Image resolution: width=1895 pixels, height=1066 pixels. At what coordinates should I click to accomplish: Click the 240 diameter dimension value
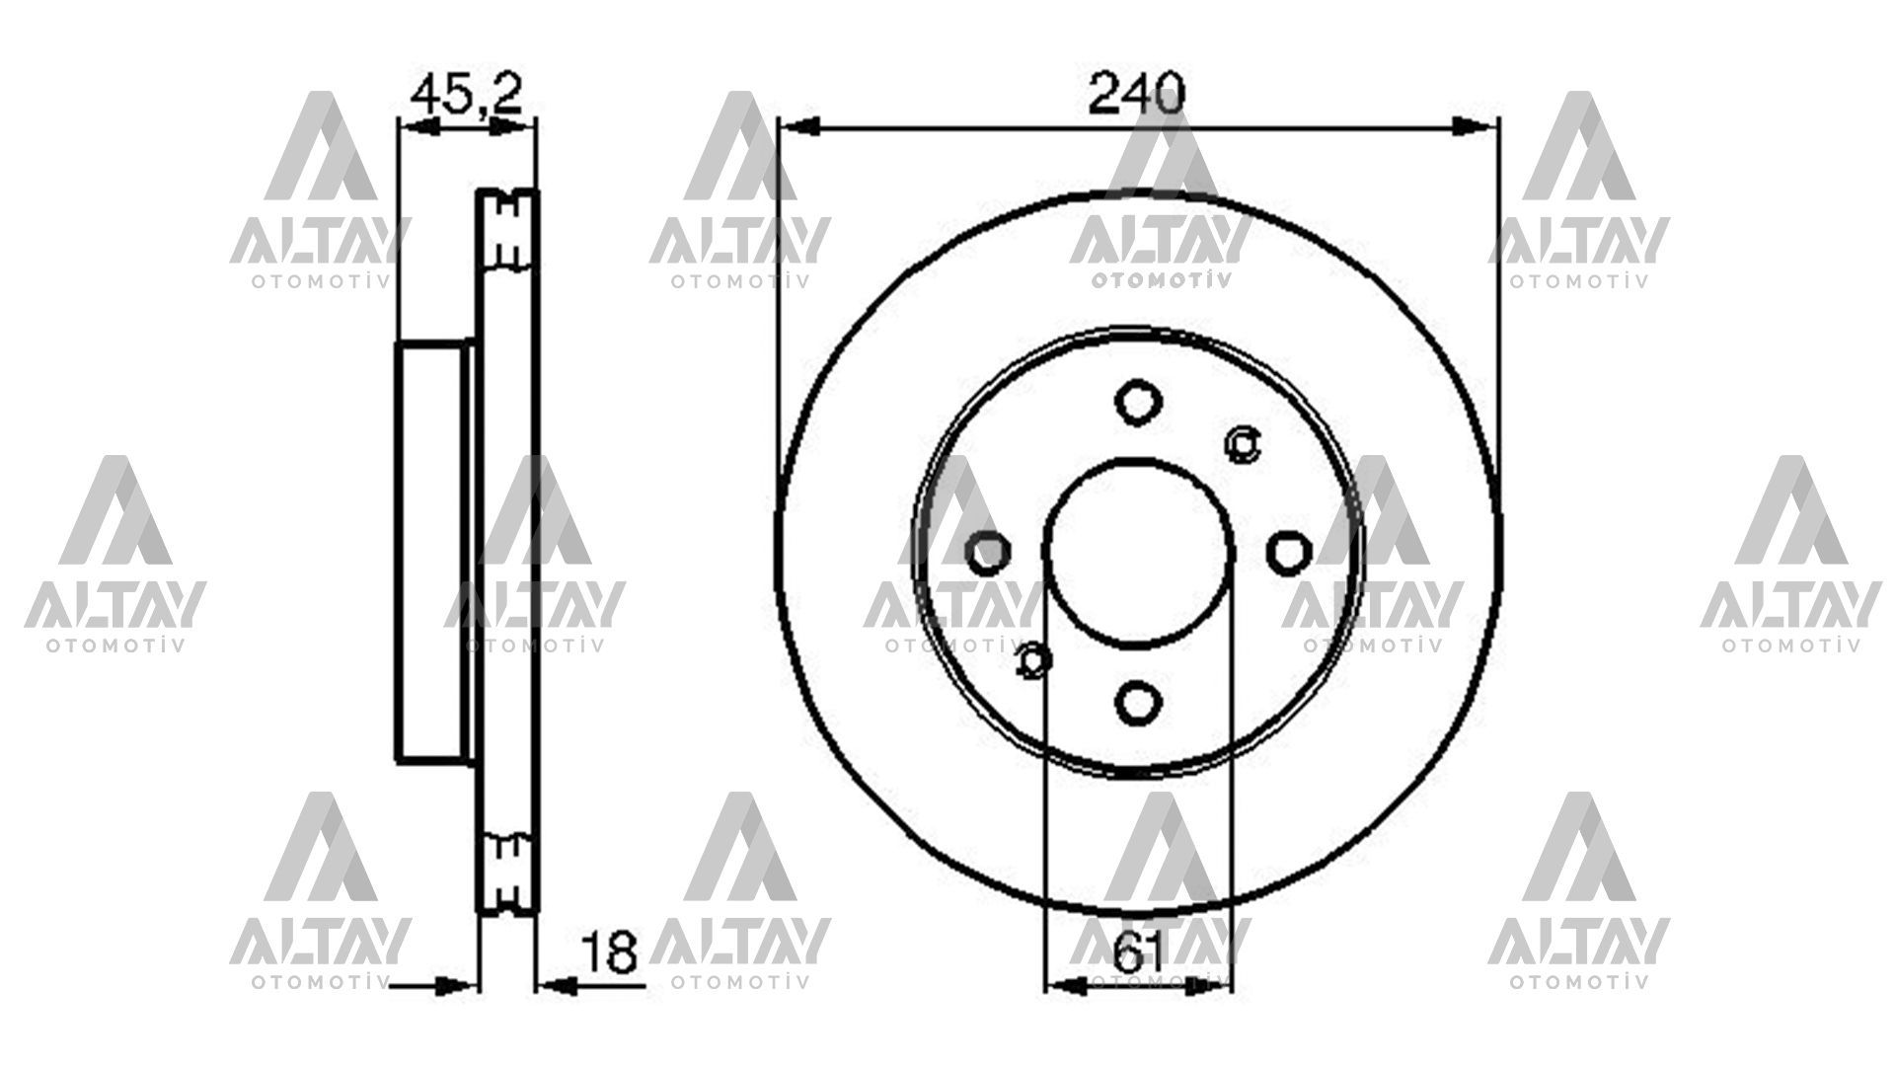coord(1135,96)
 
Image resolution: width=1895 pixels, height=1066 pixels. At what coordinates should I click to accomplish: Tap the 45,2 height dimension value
coord(465,95)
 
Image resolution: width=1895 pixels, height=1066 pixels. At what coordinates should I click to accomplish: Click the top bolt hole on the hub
coord(1137,403)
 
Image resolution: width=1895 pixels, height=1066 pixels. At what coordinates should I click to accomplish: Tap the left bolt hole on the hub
coord(988,553)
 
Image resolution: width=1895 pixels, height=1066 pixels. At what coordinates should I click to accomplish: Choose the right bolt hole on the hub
coord(1286,553)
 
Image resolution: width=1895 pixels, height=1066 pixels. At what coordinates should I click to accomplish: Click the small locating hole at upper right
coord(1242,444)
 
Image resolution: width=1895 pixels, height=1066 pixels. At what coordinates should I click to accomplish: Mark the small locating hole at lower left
coord(1032,660)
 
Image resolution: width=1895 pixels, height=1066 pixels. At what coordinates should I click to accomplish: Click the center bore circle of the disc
coord(1137,553)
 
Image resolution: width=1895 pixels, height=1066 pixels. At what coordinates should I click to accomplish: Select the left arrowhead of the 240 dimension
coord(799,126)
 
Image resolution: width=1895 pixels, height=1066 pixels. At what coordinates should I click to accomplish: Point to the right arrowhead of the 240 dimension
coord(1475,126)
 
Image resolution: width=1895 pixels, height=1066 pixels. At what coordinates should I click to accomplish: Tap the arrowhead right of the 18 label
coord(558,984)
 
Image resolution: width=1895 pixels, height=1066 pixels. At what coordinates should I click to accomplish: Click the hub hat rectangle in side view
coord(430,552)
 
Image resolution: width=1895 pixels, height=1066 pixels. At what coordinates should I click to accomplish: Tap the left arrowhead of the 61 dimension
coord(1066,984)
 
